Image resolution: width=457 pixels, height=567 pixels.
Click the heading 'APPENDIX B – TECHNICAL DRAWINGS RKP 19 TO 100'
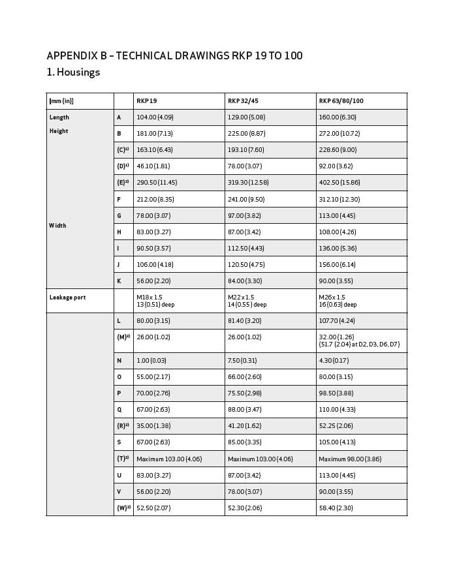coord(174,55)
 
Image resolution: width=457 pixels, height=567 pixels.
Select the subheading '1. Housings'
coord(73,72)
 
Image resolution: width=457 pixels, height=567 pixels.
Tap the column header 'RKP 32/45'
coord(242,101)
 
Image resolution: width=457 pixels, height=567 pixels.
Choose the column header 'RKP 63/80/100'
coord(341,101)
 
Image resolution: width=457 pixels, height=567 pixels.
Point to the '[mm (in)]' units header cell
coord(61,101)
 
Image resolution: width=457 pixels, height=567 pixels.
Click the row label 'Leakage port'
coord(67,298)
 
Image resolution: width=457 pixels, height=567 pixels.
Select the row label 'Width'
coord(57,226)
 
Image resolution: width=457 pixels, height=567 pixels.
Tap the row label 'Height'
coord(58,131)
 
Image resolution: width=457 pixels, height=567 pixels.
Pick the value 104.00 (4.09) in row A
coord(154,117)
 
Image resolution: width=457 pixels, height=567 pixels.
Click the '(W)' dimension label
coord(122,508)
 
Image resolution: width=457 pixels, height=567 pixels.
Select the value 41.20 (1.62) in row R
coord(245,426)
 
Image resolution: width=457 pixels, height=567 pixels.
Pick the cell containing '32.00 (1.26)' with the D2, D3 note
coord(358,341)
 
